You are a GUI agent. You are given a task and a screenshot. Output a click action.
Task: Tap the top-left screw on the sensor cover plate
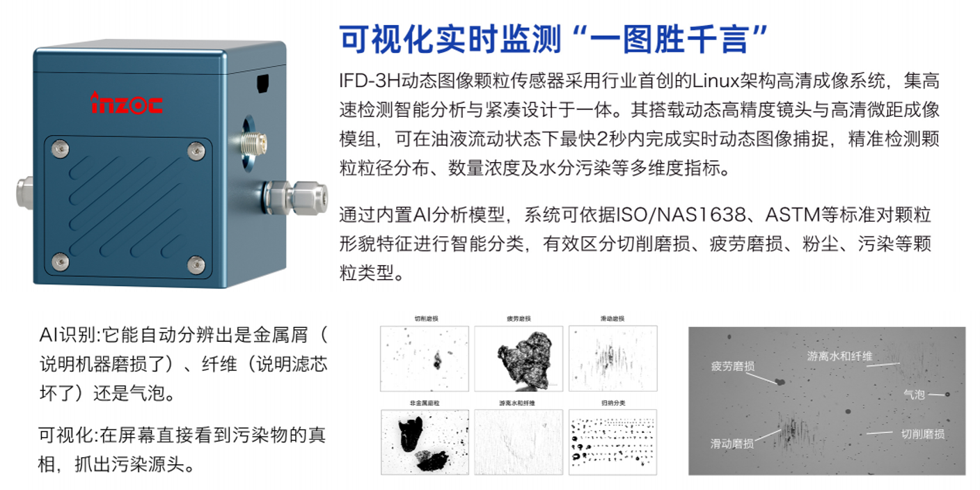pos(61,148)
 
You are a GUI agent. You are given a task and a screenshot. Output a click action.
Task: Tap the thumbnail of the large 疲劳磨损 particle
pos(518,359)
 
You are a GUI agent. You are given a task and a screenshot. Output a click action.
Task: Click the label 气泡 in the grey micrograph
pos(914,395)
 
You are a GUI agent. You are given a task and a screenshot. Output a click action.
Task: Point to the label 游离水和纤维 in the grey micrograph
pos(839,356)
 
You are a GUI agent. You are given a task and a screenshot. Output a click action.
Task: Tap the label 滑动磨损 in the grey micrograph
pos(732,443)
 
